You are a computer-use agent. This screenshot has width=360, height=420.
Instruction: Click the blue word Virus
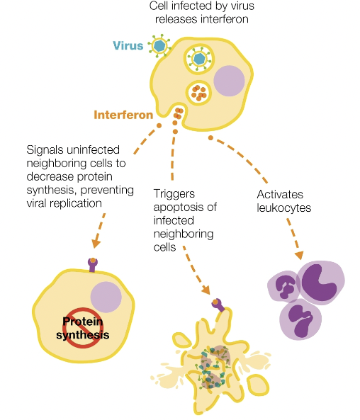click(128, 46)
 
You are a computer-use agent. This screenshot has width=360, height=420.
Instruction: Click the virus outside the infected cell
click(159, 47)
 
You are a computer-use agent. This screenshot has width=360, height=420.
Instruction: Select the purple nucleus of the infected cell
click(228, 81)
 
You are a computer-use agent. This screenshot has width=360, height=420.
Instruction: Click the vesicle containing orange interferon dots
click(199, 91)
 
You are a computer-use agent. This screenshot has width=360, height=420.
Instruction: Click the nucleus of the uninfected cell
click(106, 297)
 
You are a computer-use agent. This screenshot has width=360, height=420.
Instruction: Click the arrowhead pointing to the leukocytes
click(299, 254)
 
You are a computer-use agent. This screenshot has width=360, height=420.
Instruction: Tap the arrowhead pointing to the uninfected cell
click(96, 242)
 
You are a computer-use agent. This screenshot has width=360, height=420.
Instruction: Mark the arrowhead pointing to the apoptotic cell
click(206, 289)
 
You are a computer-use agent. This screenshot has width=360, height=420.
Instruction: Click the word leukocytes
click(283, 209)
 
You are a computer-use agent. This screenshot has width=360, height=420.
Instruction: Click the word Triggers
click(173, 193)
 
